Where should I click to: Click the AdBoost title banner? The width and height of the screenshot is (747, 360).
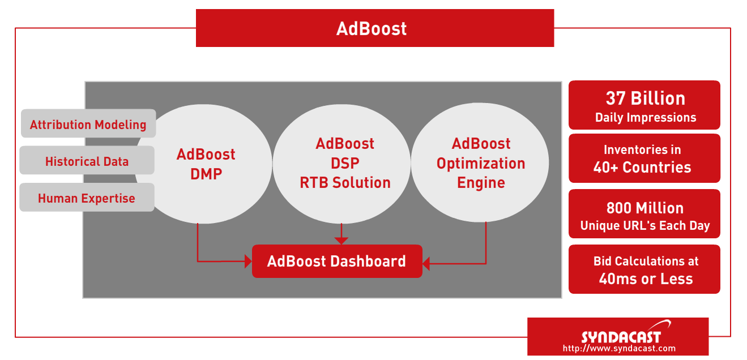(375, 28)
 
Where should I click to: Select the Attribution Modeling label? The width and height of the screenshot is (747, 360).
(88, 123)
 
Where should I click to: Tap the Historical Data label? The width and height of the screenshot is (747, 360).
(87, 160)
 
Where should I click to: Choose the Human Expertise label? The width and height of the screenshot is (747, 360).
(87, 198)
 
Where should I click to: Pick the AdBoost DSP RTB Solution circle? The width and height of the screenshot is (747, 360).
(342, 164)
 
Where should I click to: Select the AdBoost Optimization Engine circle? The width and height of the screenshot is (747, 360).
(480, 162)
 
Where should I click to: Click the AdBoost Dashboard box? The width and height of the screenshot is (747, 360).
(337, 262)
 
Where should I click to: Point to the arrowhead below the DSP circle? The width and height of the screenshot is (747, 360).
(341, 241)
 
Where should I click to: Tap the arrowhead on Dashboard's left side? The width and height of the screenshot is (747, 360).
(248, 262)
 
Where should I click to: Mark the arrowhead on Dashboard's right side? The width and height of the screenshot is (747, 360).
(426, 264)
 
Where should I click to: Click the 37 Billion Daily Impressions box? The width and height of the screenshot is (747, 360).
(644, 105)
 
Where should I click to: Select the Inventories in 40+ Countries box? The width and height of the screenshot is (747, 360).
(644, 158)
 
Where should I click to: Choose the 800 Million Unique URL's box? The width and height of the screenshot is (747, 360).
(644, 213)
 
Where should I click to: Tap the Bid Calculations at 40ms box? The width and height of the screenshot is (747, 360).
(644, 269)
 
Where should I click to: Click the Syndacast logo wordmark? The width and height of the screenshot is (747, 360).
(621, 337)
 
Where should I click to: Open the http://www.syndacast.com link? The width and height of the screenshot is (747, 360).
(619, 349)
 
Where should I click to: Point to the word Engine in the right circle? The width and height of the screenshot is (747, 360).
(481, 183)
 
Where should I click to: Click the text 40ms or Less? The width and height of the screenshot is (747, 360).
(646, 278)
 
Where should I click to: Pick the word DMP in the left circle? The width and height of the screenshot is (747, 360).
(206, 174)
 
